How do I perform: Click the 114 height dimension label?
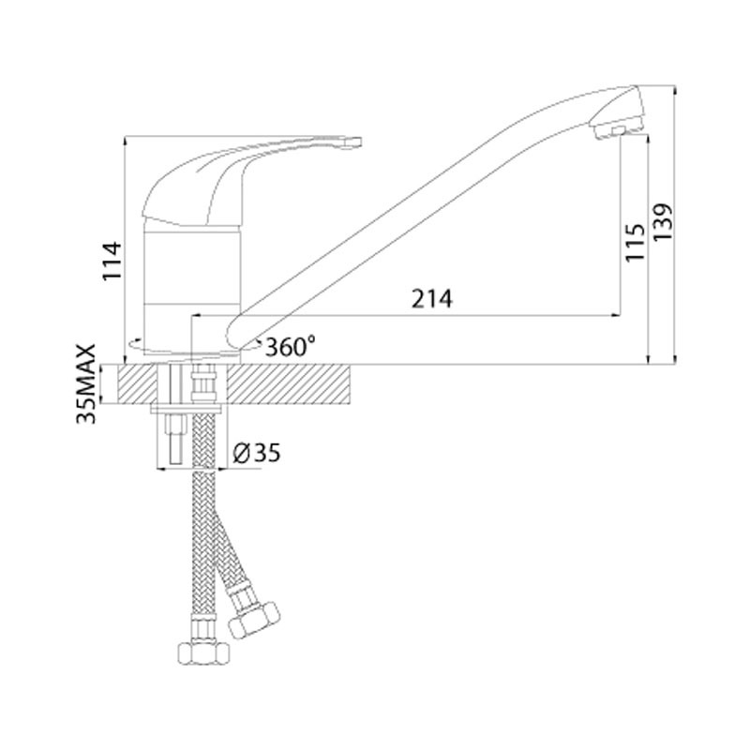[112, 262]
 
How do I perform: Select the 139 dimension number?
[663, 222]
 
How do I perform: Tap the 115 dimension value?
[635, 243]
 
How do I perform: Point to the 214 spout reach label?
[431, 299]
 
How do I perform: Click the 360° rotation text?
[290, 346]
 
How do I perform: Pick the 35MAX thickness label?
[86, 384]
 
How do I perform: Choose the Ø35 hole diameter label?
[256, 453]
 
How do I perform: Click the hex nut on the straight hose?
[203, 652]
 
